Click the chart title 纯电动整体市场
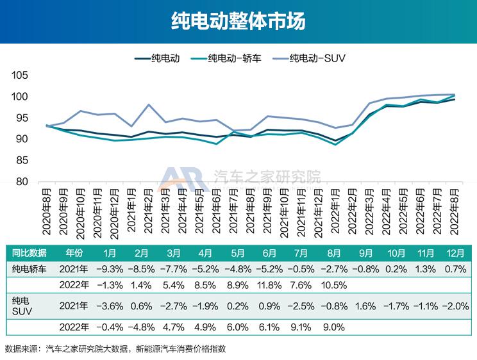coord(238,20)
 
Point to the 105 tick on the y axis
coord(20,76)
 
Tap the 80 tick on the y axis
coord(23,181)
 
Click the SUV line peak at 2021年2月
coord(149,105)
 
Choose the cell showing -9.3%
coord(110,268)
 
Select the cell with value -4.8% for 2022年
coord(142,327)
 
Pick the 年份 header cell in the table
coord(71,252)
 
